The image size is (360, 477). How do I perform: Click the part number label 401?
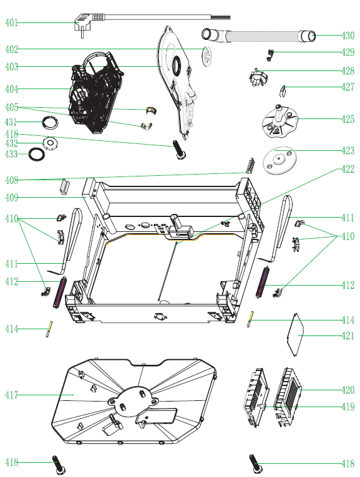click(x=11, y=22)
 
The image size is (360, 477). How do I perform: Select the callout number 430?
click(x=348, y=36)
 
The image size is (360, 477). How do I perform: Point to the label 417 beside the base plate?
click(x=12, y=395)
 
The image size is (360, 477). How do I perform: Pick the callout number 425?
click(x=348, y=119)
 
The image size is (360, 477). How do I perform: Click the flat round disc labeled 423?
click(x=279, y=160)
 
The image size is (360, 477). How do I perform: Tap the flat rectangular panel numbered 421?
click(x=296, y=335)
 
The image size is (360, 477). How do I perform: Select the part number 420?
click(x=348, y=390)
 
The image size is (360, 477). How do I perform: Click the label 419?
click(x=348, y=407)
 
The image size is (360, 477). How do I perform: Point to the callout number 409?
click(x=12, y=198)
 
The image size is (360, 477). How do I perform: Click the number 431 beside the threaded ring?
click(x=11, y=122)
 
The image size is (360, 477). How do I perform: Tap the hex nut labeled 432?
click(x=50, y=143)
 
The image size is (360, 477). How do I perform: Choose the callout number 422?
click(x=348, y=169)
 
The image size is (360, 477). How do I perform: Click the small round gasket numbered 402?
click(x=207, y=56)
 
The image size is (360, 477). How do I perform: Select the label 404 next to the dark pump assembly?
click(x=12, y=89)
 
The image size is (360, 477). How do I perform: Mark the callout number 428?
click(x=348, y=71)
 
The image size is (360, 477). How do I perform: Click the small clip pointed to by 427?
click(x=283, y=91)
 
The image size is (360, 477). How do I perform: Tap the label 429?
click(x=348, y=52)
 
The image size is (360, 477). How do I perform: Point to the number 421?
click(x=348, y=335)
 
